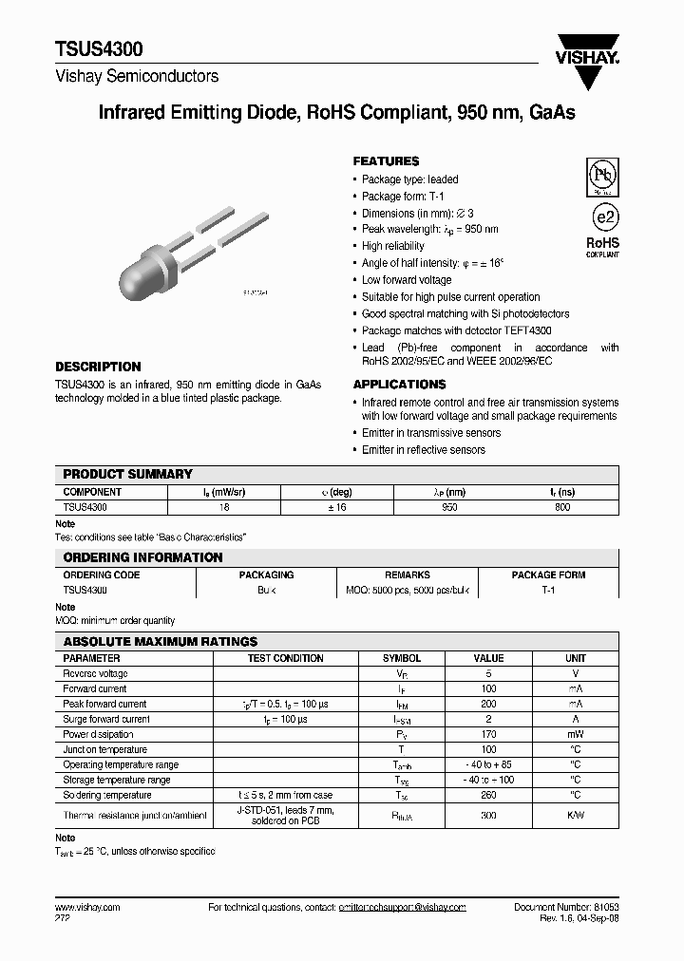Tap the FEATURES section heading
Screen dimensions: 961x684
coord(386,161)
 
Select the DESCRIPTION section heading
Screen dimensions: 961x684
coord(98,367)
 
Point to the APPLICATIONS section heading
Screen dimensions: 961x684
coord(399,385)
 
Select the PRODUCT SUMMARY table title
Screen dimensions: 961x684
coord(127,474)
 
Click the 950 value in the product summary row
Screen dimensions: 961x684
coord(449,508)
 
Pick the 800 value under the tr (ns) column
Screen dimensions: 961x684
coord(561,508)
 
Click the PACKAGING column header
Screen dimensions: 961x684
coord(266,575)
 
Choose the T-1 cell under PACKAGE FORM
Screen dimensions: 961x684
coord(548,590)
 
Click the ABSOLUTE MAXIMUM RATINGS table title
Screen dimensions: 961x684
coord(160,642)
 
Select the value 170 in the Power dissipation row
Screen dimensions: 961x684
coord(489,734)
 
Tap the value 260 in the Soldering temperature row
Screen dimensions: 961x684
coord(489,795)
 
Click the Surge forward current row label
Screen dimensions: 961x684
coord(106,719)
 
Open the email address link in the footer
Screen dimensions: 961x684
coord(402,908)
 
